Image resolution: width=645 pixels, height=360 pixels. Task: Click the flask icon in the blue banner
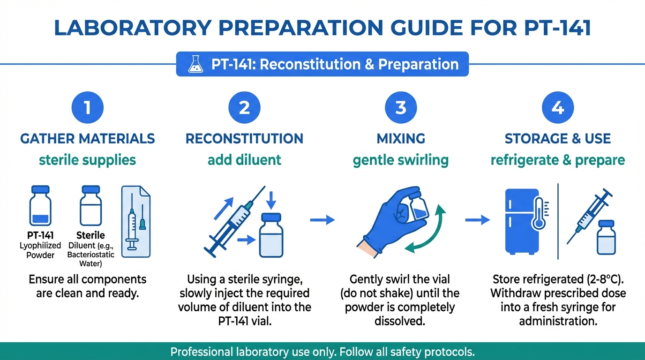(x=195, y=64)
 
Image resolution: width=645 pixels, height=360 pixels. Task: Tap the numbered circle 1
(x=88, y=107)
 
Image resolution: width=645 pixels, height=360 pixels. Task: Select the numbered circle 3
(x=401, y=107)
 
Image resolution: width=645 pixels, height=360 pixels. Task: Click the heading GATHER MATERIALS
(x=88, y=139)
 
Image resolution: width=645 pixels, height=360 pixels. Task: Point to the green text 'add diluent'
(x=244, y=160)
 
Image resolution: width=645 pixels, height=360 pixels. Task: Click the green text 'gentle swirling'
(x=401, y=160)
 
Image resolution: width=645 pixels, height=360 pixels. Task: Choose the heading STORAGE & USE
(x=558, y=139)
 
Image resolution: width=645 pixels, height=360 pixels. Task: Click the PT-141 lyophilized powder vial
(x=40, y=205)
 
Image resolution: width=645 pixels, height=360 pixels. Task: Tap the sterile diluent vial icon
(x=91, y=205)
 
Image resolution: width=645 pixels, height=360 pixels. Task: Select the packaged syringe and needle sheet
(x=136, y=221)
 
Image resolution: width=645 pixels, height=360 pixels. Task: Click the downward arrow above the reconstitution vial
(x=271, y=201)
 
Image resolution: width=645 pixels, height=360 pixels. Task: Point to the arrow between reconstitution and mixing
(x=322, y=220)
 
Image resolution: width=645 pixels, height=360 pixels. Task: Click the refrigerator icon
(x=522, y=222)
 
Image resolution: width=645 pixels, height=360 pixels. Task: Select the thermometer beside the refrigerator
(x=539, y=213)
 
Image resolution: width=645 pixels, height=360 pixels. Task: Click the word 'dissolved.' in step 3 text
(x=400, y=321)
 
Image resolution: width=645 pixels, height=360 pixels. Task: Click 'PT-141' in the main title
(x=557, y=28)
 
